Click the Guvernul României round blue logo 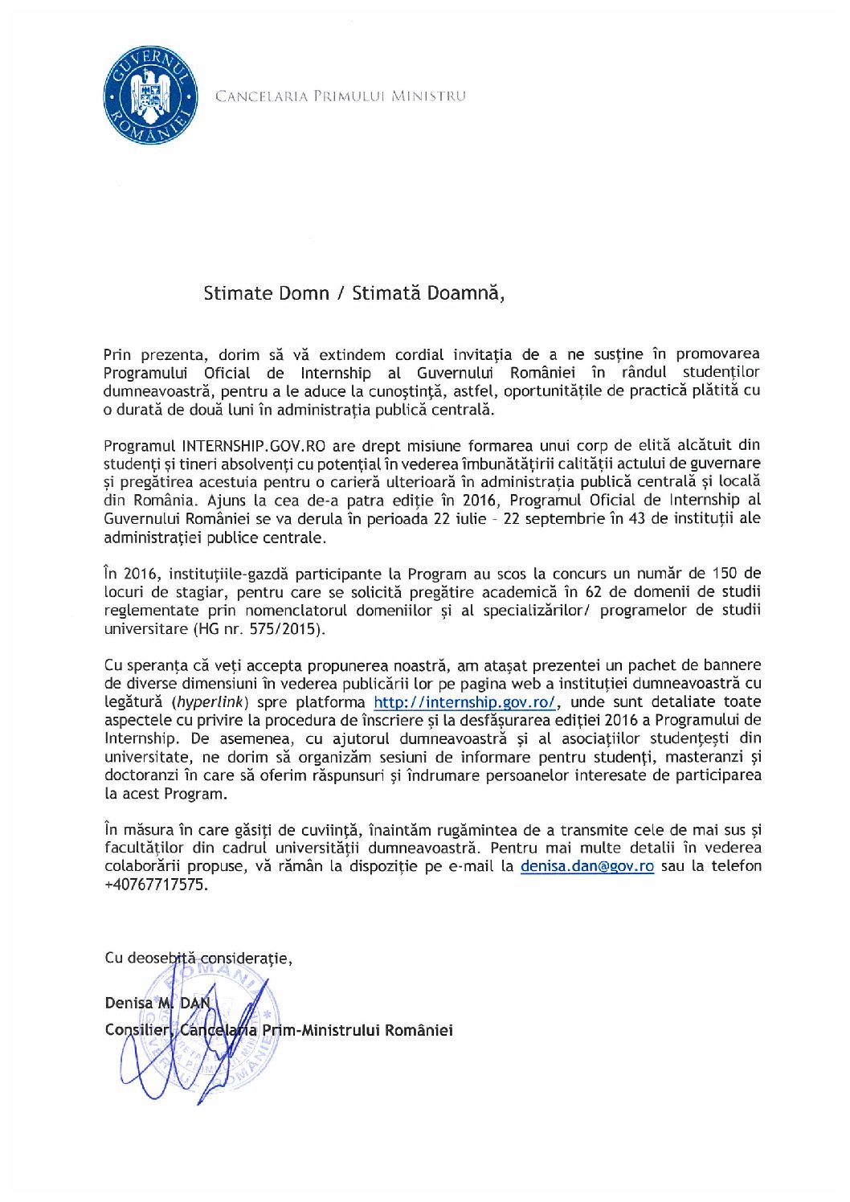(x=150, y=96)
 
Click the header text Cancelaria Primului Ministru (x=340, y=96)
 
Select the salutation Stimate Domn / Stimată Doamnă (x=353, y=293)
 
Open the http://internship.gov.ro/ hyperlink (x=464, y=702)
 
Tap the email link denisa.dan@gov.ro (x=586, y=866)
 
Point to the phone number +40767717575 (x=156, y=885)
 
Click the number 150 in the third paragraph (x=725, y=574)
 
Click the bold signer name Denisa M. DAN (x=157, y=1003)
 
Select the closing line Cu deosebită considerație (x=198, y=958)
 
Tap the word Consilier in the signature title (x=137, y=1030)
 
